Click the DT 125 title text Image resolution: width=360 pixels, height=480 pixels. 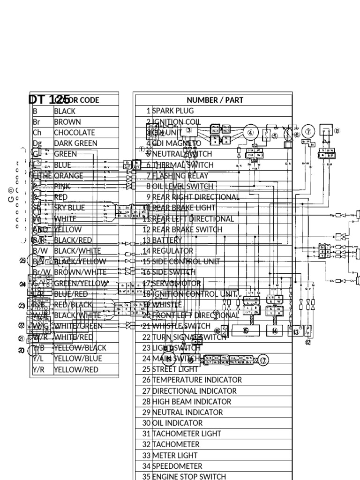46,99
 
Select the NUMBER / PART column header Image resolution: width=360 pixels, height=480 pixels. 215,100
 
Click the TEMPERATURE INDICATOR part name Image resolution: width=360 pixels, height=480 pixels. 197,380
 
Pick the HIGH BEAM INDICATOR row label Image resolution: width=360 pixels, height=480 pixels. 192,401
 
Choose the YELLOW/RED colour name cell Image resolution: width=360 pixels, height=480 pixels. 76,369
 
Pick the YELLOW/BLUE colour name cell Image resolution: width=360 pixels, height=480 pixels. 77,359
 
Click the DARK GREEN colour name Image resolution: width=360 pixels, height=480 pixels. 75,143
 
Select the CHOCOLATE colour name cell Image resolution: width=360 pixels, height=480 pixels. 75,133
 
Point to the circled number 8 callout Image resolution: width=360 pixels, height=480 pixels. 337,131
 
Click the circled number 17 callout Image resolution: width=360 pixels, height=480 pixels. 263,360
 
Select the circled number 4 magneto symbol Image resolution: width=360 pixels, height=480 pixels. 250,133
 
